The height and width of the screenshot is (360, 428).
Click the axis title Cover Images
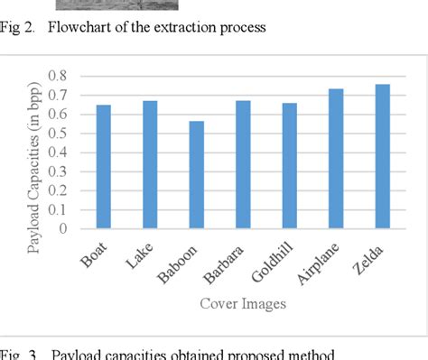(x=244, y=303)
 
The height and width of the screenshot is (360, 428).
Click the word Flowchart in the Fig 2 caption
(x=78, y=27)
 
